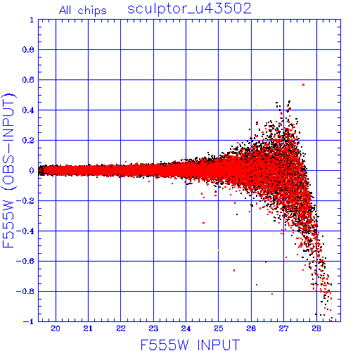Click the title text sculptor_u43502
click(x=189, y=9)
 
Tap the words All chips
click(x=83, y=11)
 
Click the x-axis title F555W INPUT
click(x=190, y=345)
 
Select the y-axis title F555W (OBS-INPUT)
click(x=8, y=171)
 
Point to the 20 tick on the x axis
click(x=56, y=329)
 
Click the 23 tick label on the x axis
click(x=153, y=329)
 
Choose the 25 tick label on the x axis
click(x=219, y=329)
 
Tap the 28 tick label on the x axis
click(x=316, y=329)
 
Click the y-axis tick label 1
click(x=32, y=20)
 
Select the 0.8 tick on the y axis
click(x=28, y=50)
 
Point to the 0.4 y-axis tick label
click(x=28, y=110)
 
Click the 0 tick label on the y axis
click(x=32, y=171)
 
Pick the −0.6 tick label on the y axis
click(x=25, y=261)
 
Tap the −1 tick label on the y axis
click(x=28, y=321)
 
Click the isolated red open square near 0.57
click(x=304, y=84)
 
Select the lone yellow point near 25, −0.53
click(x=219, y=250)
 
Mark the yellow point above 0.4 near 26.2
click(x=257, y=106)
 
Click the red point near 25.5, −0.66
click(x=234, y=271)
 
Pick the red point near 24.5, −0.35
click(x=203, y=223)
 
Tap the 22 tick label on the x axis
click(x=121, y=329)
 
